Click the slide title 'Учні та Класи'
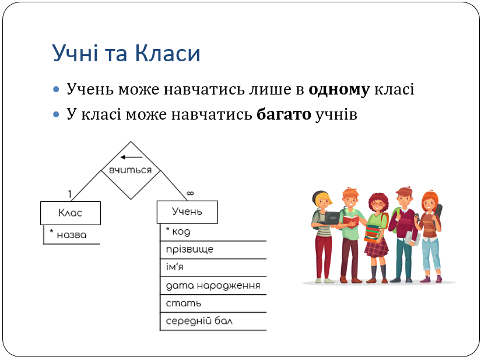coord(126,54)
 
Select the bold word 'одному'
coord(339,90)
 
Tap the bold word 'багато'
coord(284,114)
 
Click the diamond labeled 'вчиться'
coord(131,170)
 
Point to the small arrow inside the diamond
coord(131,157)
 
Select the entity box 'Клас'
coord(71,213)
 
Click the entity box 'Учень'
coord(187,212)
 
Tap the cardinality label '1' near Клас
coord(70,194)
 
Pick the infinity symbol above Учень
coord(190,193)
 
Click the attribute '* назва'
coord(68,235)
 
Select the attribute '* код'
coord(178,232)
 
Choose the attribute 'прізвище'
coord(189,250)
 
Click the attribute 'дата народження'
coord(213,286)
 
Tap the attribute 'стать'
coord(184,303)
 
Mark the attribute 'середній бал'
coord(199,321)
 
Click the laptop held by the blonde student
coord(331,218)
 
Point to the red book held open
coord(351,221)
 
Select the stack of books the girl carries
coord(373,233)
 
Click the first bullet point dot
coord(56,90)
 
